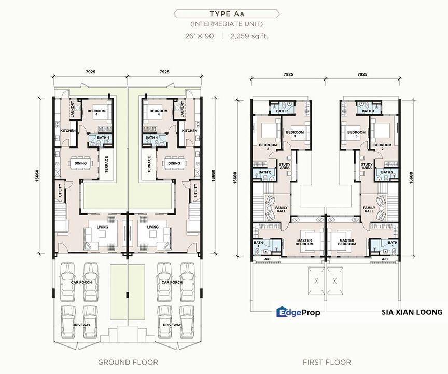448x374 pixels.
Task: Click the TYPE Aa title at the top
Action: [x=227, y=14]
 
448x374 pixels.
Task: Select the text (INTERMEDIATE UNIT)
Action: [x=227, y=24]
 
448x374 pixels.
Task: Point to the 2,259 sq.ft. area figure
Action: [x=247, y=36]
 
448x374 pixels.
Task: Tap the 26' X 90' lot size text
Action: [x=200, y=36]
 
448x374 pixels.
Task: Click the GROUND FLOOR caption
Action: [x=128, y=362]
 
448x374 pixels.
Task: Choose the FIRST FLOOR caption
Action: [x=327, y=362]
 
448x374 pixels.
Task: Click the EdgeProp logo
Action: [x=298, y=312]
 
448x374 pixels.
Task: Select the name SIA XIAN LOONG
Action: [x=412, y=312]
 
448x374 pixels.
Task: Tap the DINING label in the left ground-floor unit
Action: [x=80, y=163]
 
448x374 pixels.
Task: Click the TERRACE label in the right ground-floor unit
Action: [x=149, y=165]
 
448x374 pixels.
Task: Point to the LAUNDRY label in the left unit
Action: [x=72, y=109]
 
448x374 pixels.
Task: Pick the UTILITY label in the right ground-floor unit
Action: [x=195, y=190]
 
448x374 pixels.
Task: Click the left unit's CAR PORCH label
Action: [x=81, y=282]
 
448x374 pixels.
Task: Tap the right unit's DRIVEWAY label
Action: [x=172, y=325]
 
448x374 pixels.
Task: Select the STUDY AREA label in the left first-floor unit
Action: [x=285, y=166]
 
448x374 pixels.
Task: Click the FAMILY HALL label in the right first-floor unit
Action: [x=369, y=209]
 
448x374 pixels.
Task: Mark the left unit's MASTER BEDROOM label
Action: [x=304, y=242]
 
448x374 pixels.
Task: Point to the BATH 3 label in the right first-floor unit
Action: [x=368, y=111]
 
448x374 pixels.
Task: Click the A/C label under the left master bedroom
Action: [x=268, y=259]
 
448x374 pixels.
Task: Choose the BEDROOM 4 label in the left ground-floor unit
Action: [x=96, y=112]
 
